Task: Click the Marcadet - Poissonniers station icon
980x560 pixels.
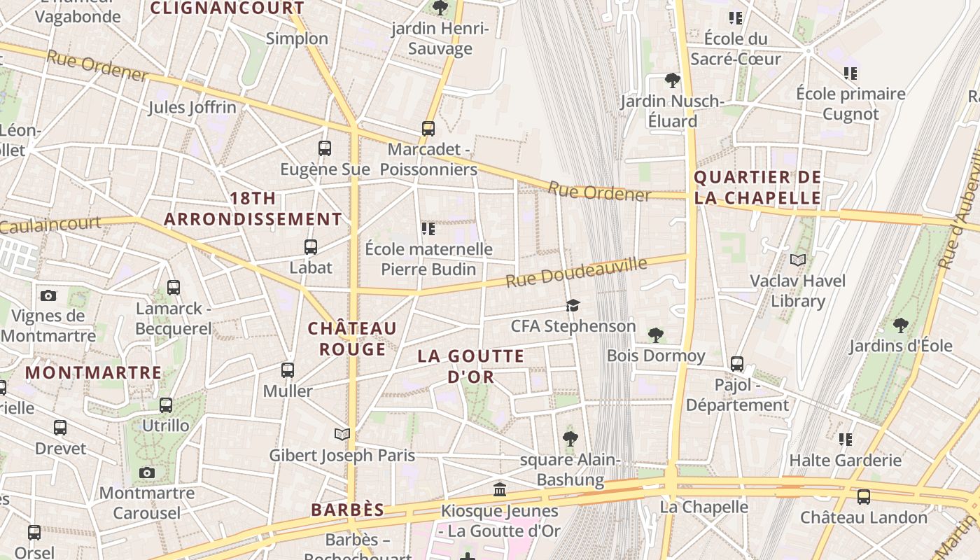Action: pyautogui.click(x=428, y=129)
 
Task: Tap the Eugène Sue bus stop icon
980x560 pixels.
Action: pyautogui.click(x=325, y=148)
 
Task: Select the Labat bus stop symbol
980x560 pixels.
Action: pyautogui.click(x=311, y=247)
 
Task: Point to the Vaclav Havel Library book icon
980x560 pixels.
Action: pyautogui.click(x=797, y=260)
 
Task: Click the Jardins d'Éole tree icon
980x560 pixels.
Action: pyautogui.click(x=901, y=325)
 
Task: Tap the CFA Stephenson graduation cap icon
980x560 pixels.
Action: pyautogui.click(x=573, y=306)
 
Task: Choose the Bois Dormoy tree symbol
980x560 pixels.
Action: pyautogui.click(x=656, y=335)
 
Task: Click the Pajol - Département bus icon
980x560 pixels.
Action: pyautogui.click(x=737, y=364)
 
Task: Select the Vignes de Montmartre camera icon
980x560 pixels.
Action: pyautogui.click(x=48, y=295)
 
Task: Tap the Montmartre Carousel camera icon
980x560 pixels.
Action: pyautogui.click(x=147, y=472)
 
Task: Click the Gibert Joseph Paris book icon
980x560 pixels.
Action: pyautogui.click(x=342, y=435)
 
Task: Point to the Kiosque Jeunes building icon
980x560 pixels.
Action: pyautogui.click(x=500, y=489)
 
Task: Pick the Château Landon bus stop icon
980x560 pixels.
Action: pyautogui.click(x=864, y=497)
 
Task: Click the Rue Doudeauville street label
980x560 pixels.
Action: pyautogui.click(x=577, y=272)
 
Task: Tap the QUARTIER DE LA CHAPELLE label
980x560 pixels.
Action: pyautogui.click(x=757, y=188)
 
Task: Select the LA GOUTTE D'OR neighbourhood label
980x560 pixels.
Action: pyautogui.click(x=471, y=366)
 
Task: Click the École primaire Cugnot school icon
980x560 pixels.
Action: pyautogui.click(x=850, y=73)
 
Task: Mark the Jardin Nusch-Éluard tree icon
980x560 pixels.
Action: pyautogui.click(x=673, y=81)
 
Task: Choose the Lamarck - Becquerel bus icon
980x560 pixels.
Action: pyautogui.click(x=174, y=288)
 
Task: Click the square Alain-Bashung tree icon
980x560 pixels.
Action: pyautogui.click(x=570, y=440)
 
